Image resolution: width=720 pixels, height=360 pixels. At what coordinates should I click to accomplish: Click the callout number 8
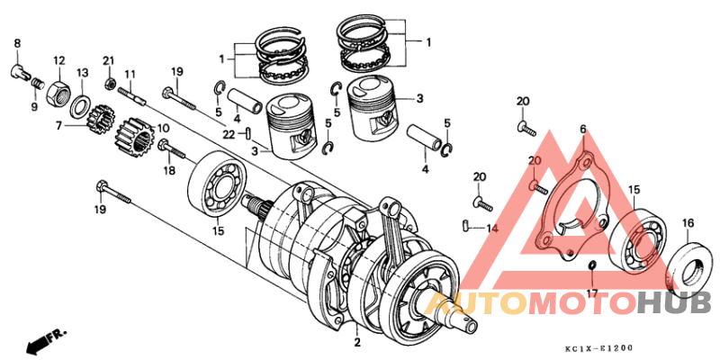[16, 43]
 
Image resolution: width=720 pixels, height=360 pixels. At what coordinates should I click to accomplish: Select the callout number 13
[82, 73]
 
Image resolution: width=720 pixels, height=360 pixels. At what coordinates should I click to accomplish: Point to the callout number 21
[109, 60]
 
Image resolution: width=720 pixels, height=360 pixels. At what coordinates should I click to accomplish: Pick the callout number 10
[163, 128]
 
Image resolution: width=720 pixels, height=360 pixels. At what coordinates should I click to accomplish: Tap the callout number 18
[168, 170]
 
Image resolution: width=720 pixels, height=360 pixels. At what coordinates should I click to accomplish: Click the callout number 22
[229, 135]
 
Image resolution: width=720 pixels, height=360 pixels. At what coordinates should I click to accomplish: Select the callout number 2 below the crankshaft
[356, 343]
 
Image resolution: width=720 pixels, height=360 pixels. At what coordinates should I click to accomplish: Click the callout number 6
[582, 130]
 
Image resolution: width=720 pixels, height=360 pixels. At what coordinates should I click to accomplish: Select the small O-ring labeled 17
[591, 266]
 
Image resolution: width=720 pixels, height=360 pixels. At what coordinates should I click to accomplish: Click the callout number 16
[688, 222]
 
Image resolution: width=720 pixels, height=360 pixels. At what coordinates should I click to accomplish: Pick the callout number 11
[130, 74]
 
